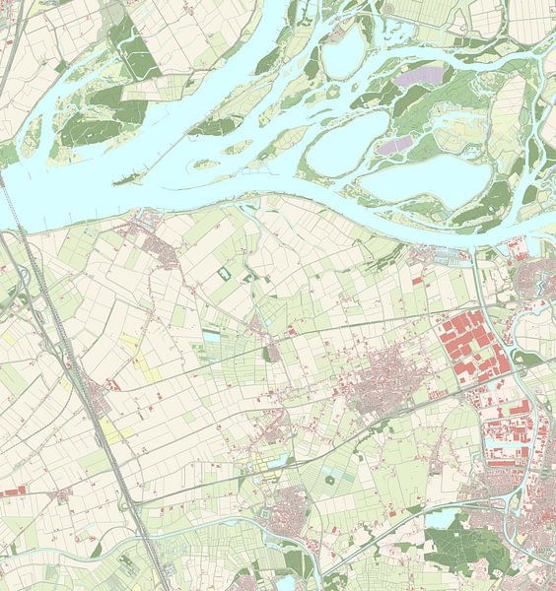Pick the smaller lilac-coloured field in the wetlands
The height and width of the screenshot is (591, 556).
pos(396,145)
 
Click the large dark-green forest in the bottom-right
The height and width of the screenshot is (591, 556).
pos(463,542)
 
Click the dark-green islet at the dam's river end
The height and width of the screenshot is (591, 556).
pos(125,179)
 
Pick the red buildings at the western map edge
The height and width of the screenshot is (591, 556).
pos(11,491)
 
